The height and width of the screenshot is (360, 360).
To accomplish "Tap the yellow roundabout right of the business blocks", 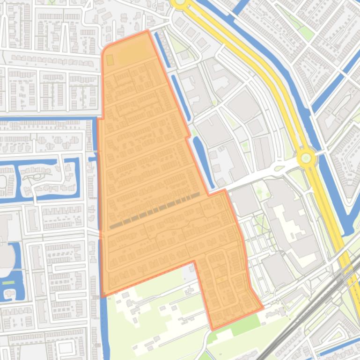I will [x=306, y=158].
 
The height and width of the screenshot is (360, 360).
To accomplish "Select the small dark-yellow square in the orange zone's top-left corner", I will [x=110, y=60].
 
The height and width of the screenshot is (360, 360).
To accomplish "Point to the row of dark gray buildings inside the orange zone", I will [x=154, y=210].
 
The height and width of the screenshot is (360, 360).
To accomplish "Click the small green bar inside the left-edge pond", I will [x=8, y=282].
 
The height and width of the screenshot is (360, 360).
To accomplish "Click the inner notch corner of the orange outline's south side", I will [x=194, y=261].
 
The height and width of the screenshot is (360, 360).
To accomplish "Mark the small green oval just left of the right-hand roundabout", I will [x=280, y=168].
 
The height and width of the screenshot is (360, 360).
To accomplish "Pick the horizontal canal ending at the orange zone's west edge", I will [x=47, y=118].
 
